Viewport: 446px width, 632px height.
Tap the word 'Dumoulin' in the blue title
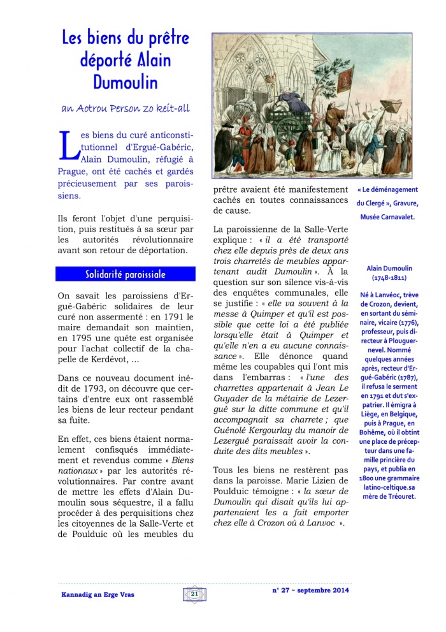(125, 83)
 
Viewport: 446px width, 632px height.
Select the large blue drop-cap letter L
(66, 146)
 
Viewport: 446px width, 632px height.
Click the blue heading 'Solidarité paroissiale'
(126, 274)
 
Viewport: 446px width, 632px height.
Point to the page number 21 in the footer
(194, 594)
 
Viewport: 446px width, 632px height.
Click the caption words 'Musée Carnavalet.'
(387, 217)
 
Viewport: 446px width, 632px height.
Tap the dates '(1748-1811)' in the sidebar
(388, 279)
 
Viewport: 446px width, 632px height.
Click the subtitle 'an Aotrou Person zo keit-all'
(125, 108)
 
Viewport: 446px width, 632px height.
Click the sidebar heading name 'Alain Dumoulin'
(388, 268)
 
